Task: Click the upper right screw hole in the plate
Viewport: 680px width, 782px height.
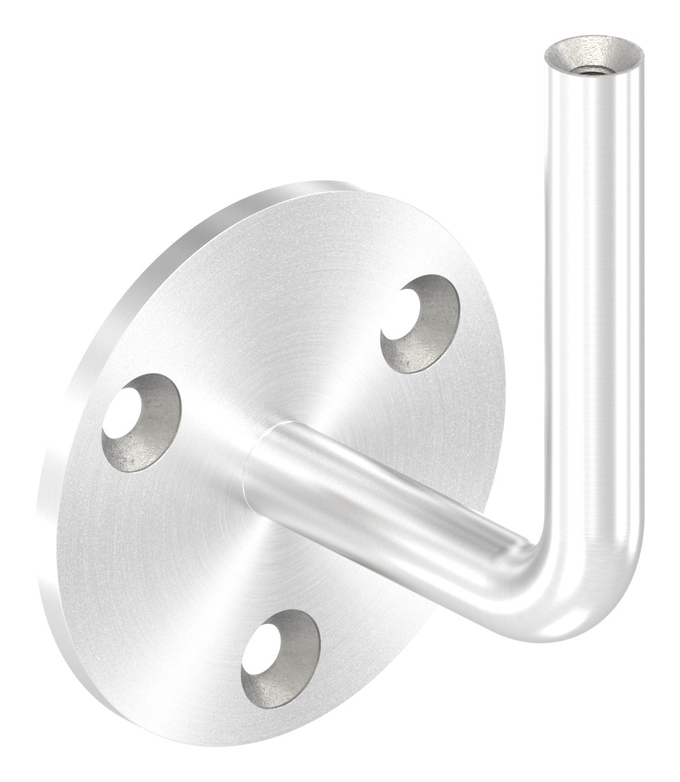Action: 419,324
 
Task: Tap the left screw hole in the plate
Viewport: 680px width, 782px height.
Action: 142,422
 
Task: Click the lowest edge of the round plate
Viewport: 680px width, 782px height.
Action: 226,742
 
